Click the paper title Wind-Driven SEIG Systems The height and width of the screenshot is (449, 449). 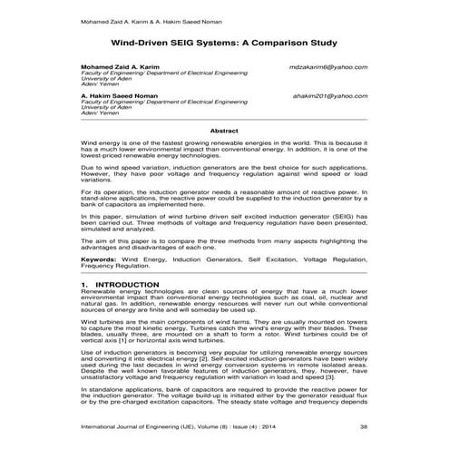[224, 42]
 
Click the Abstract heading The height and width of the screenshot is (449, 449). [224, 131]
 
